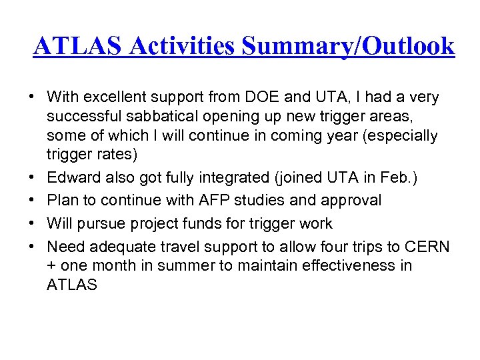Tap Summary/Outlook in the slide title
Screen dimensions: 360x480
click(x=349, y=47)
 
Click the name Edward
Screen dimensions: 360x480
click(x=73, y=179)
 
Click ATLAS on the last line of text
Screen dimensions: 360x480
click(x=72, y=285)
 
